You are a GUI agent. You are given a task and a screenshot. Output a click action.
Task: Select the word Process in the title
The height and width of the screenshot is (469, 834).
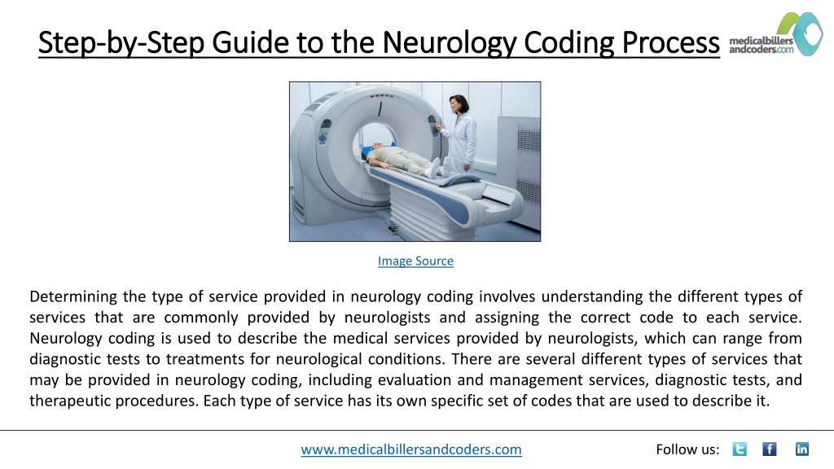[670, 42]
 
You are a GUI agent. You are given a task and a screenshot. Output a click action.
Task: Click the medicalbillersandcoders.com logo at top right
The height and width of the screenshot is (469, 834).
[776, 34]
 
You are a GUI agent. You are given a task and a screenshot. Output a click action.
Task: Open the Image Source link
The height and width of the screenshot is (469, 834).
[415, 261]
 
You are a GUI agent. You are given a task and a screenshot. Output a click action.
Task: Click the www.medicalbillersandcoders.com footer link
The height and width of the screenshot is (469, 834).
[411, 449]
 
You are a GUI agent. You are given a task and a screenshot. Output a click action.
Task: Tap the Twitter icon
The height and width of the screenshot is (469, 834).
[740, 449]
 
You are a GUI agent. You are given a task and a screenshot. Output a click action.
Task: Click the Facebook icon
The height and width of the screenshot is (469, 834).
[770, 449]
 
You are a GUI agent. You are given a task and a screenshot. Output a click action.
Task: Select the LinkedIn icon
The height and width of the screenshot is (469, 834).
[802, 449]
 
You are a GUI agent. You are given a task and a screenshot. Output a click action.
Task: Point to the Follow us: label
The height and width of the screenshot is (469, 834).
[687, 449]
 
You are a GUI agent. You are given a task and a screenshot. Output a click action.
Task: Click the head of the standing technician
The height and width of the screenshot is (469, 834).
[458, 103]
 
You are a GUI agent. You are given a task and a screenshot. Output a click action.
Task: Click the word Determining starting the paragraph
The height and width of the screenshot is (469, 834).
[72, 296]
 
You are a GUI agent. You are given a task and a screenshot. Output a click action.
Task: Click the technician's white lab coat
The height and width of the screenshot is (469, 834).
[463, 139]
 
